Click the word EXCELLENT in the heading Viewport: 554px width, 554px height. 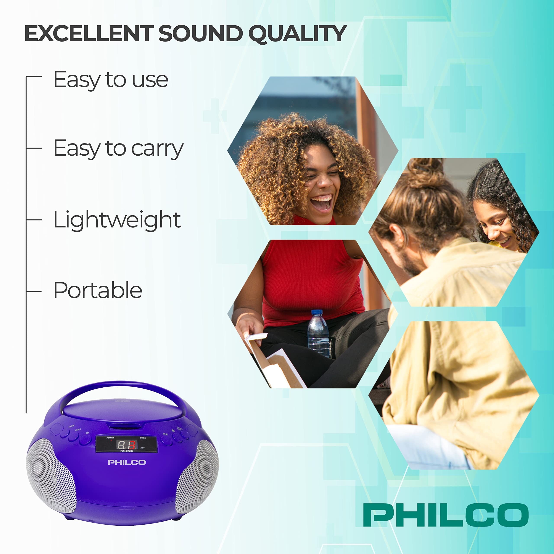pos(89,34)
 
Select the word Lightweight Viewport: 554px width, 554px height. pos(117,220)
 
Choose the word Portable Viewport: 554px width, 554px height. pos(98,290)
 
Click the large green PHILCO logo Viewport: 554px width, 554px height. pos(446,515)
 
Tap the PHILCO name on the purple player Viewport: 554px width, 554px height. pos(127,462)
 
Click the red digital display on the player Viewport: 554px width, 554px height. pos(126,445)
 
